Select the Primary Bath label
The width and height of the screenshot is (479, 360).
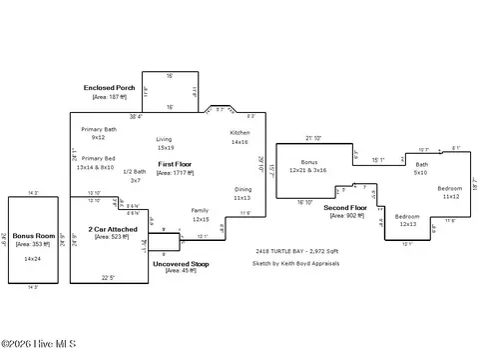tap(99, 133)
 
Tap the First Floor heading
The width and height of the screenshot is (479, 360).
tap(174, 163)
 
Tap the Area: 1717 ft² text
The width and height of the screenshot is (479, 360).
tap(175, 172)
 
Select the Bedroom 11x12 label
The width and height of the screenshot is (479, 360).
tap(451, 192)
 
